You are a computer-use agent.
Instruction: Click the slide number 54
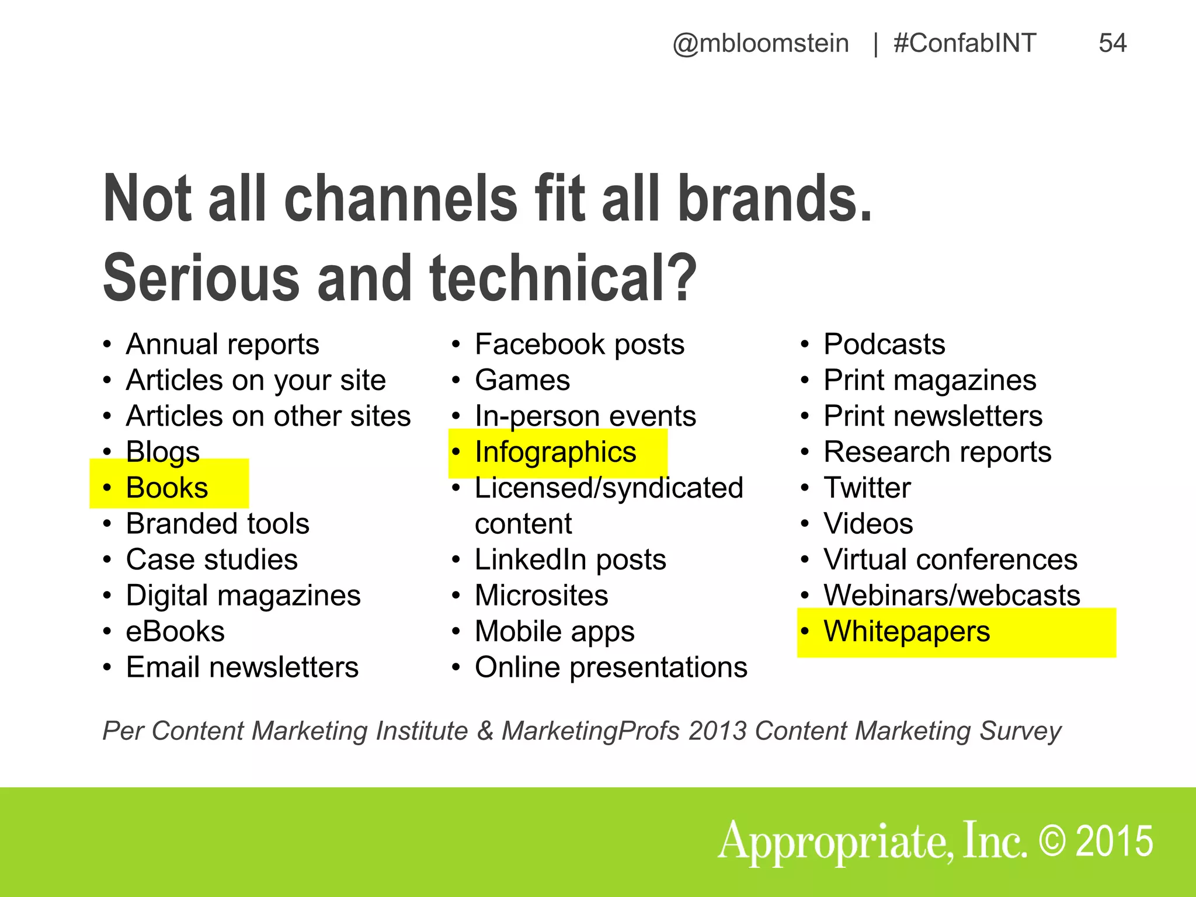1112,43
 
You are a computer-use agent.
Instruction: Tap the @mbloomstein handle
760,44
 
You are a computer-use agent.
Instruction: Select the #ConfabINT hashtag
965,43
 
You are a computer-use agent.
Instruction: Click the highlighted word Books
167,488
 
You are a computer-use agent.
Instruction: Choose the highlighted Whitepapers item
906,631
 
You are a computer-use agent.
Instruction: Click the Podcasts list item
884,344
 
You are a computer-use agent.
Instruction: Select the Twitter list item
867,488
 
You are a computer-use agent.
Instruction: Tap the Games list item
522,380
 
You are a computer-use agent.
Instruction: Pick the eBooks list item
175,631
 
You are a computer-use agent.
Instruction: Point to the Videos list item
868,524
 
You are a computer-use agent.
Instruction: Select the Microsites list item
541,596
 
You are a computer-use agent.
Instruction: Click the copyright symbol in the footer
1052,842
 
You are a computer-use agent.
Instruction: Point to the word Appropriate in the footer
835,843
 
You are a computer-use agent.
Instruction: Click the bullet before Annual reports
107,345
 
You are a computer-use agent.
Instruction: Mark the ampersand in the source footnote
485,731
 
